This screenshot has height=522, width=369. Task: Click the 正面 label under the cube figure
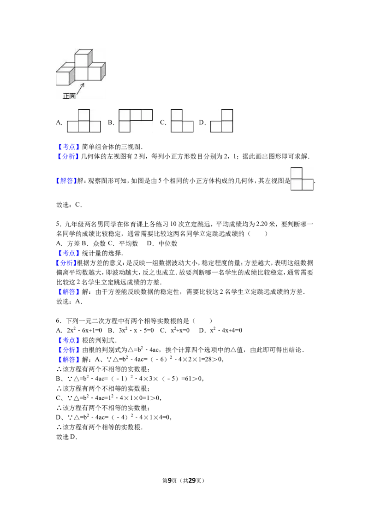click(69, 96)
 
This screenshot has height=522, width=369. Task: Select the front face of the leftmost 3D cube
click(62, 78)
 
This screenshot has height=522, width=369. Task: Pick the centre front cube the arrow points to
click(81, 74)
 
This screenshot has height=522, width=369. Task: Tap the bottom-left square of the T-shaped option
click(73, 126)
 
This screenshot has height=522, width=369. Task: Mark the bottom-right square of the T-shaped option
click(95, 126)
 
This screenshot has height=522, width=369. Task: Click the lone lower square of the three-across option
click(125, 126)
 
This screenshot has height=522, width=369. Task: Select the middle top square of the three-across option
click(136, 114)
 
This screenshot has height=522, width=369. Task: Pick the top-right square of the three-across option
click(147, 114)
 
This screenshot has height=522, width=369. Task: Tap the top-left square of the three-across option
click(125, 114)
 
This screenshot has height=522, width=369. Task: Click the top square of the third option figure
click(177, 114)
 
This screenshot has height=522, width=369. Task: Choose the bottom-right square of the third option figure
click(188, 126)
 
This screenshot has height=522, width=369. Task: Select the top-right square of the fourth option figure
click(226, 114)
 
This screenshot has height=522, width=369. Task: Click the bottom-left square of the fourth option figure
click(216, 126)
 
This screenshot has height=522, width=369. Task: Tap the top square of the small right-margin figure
click(296, 172)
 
